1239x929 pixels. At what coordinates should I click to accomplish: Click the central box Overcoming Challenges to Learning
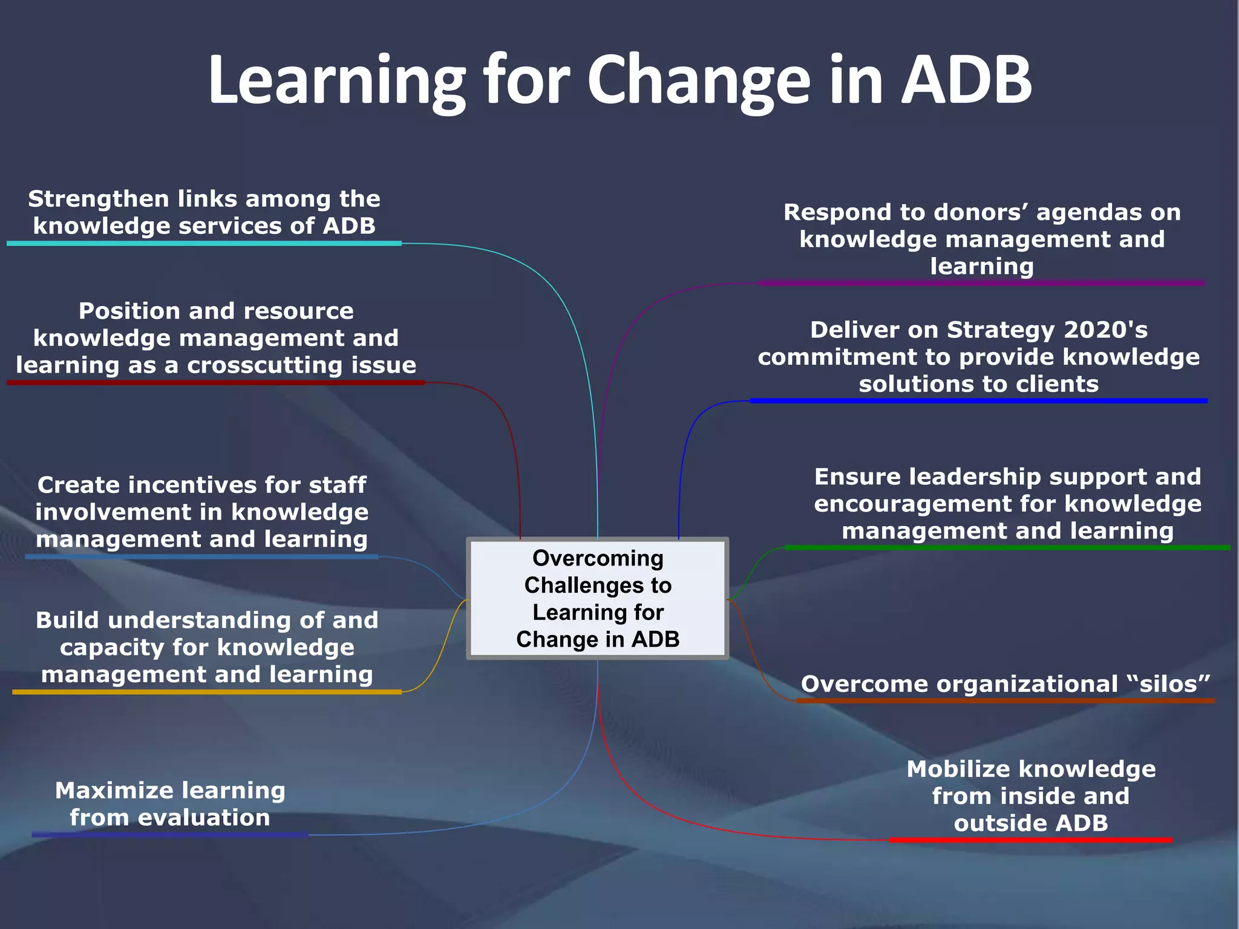click(598, 598)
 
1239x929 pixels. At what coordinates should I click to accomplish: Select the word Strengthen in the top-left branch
click(99, 199)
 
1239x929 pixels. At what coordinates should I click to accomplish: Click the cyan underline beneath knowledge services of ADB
click(204, 243)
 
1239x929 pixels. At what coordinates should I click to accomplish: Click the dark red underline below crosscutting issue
click(215, 382)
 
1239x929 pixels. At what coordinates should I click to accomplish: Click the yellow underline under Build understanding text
click(207, 691)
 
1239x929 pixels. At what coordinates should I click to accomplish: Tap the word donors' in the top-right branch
click(981, 212)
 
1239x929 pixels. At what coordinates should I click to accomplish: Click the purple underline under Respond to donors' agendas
click(981, 282)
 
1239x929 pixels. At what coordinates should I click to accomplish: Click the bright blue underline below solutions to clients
click(978, 400)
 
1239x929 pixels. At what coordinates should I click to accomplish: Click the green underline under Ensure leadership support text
click(1007, 547)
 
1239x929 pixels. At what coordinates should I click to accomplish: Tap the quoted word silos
click(1168, 684)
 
